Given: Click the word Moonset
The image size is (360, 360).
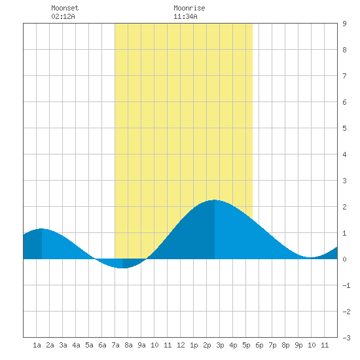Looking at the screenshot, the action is [65, 8].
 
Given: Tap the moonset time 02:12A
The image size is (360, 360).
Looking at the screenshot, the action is [63, 16].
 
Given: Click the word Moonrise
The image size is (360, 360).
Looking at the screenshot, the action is [189, 8].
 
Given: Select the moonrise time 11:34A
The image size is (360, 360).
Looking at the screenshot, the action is [185, 16].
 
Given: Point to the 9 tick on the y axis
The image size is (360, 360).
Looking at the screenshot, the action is [344, 24].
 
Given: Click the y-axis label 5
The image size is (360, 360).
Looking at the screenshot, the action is [344, 128].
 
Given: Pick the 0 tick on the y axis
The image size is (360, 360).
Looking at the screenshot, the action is [344, 259].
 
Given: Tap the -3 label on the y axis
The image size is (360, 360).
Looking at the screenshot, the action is [346, 338].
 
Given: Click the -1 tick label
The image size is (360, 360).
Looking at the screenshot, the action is [346, 285].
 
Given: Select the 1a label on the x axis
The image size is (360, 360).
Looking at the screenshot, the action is [37, 345].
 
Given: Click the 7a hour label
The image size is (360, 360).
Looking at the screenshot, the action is [115, 345].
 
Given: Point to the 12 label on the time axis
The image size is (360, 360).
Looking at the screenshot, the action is [181, 345].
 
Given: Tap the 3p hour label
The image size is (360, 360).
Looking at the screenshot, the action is [220, 345].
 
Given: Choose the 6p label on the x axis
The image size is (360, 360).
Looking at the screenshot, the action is [259, 345].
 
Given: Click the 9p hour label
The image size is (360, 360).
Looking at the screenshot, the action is [298, 345].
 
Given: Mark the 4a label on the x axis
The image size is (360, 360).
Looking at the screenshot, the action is [76, 345].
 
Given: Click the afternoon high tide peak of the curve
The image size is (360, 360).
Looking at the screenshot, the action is [215, 200].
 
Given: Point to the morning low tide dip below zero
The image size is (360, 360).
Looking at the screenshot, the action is [122, 268].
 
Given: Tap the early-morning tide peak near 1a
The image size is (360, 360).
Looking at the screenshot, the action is [41, 229].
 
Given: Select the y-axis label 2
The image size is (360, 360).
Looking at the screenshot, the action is [344, 207].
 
